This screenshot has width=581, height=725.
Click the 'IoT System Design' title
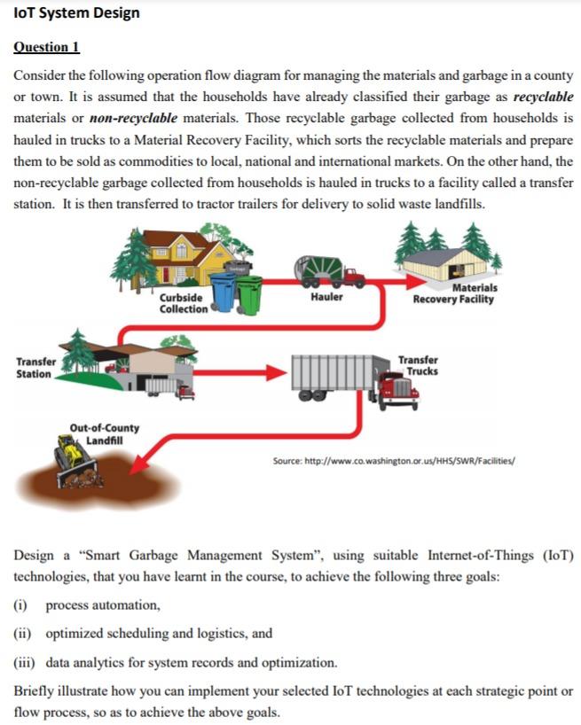click(x=76, y=14)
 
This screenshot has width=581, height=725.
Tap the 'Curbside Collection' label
click(x=183, y=302)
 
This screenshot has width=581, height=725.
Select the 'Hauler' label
click(x=326, y=298)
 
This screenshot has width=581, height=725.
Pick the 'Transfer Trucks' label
click(x=418, y=365)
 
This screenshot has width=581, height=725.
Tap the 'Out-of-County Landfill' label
click(x=104, y=434)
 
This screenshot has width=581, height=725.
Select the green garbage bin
click(x=249, y=295)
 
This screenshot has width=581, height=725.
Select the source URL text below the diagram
click(x=396, y=461)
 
